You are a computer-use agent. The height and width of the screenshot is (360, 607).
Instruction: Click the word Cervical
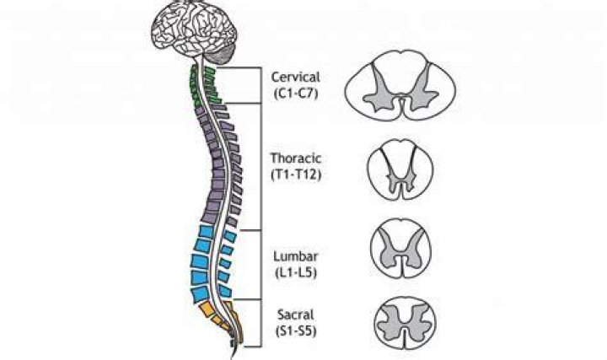(x=296, y=77)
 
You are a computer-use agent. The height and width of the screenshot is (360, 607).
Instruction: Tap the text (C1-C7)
(x=296, y=94)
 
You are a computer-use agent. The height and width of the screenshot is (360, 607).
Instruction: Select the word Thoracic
(x=296, y=159)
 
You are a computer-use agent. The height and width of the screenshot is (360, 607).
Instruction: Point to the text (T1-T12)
(x=296, y=175)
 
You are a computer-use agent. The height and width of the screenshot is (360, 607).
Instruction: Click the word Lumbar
(x=296, y=256)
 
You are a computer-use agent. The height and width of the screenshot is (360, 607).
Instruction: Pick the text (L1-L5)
(x=296, y=273)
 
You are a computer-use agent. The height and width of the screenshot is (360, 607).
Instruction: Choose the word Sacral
(x=296, y=314)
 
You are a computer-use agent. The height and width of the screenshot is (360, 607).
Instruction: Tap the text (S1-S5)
(x=296, y=331)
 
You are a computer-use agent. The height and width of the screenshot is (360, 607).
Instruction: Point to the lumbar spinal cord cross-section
(x=400, y=248)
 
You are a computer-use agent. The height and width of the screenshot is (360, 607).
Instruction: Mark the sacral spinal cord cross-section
(x=405, y=322)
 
